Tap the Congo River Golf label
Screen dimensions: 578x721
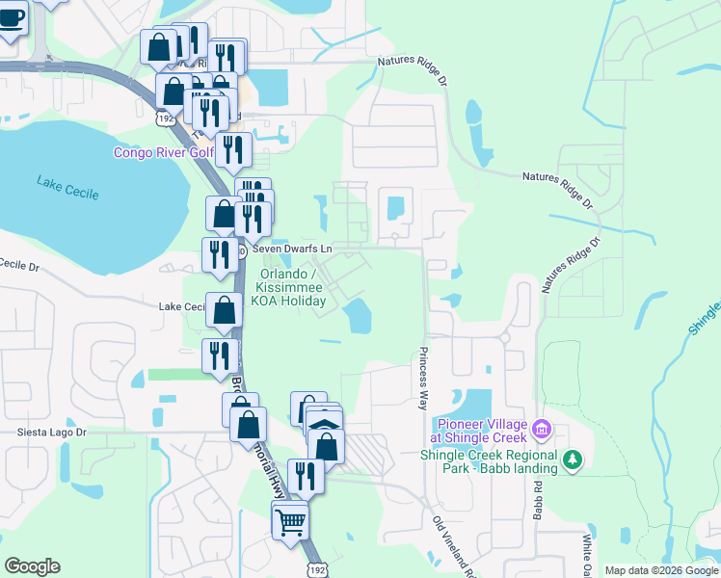163,152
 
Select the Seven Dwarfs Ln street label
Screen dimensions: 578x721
292,248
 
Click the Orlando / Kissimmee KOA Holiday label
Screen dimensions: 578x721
289,287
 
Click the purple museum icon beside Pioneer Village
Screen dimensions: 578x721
541,427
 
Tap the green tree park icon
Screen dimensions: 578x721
574,460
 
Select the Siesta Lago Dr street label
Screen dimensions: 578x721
51,433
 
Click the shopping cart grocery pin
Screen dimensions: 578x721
290,524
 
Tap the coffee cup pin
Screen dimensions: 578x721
12,19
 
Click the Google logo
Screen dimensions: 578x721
32,566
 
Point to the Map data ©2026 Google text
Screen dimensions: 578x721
660,570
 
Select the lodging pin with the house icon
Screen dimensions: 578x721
325,427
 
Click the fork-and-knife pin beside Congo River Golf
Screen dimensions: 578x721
233,150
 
